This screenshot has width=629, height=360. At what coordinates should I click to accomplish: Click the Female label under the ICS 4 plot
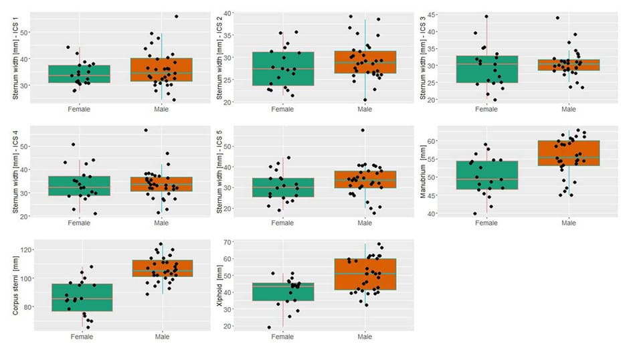coord(80,222)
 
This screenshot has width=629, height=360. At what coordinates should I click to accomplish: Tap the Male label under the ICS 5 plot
coord(365,222)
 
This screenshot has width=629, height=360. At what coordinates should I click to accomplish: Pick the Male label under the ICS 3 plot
coord(569,109)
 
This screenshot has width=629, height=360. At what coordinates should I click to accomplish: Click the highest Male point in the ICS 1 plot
coord(177,16)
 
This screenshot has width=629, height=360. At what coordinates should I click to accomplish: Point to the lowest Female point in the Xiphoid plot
coord(270,327)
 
